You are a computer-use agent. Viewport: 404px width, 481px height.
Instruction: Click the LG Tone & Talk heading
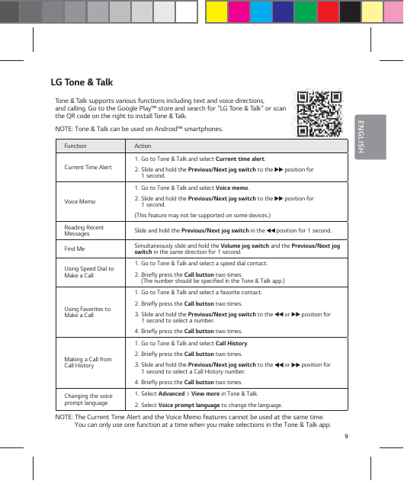[82, 81]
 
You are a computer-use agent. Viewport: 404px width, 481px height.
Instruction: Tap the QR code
[316, 112]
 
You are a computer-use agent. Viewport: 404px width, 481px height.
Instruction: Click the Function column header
[75, 145]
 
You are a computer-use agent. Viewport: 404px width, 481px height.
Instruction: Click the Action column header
[143, 145]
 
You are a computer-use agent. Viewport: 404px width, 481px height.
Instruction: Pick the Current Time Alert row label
[88, 167]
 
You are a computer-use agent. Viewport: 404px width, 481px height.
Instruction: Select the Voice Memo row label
[80, 201]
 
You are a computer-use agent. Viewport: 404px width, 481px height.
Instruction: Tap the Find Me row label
[75, 249]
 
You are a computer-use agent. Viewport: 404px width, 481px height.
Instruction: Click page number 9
[346, 436]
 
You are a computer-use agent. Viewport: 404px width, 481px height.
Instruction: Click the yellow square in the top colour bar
[216, 12]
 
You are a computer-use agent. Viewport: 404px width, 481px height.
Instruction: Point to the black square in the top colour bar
[350, 12]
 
